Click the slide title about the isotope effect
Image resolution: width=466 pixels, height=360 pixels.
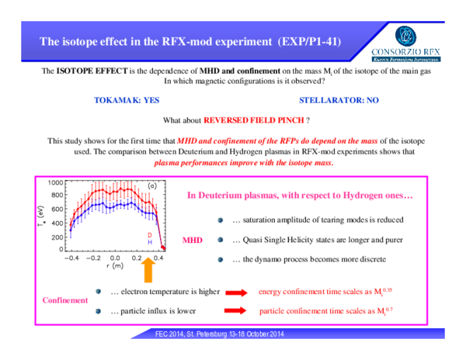click(x=190, y=40)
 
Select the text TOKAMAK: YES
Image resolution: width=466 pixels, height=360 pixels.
click(x=126, y=101)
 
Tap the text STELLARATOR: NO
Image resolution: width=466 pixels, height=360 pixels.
click(x=339, y=101)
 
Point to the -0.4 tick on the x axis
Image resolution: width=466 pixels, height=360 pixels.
click(x=71, y=258)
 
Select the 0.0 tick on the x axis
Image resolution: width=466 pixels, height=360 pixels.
click(x=114, y=258)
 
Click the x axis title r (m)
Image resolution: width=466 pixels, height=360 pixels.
click(x=114, y=266)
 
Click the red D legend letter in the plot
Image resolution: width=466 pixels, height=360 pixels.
click(x=150, y=234)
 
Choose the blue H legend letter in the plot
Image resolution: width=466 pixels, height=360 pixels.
click(x=150, y=242)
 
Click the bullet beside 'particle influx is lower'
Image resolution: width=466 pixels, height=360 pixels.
click(x=99, y=311)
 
